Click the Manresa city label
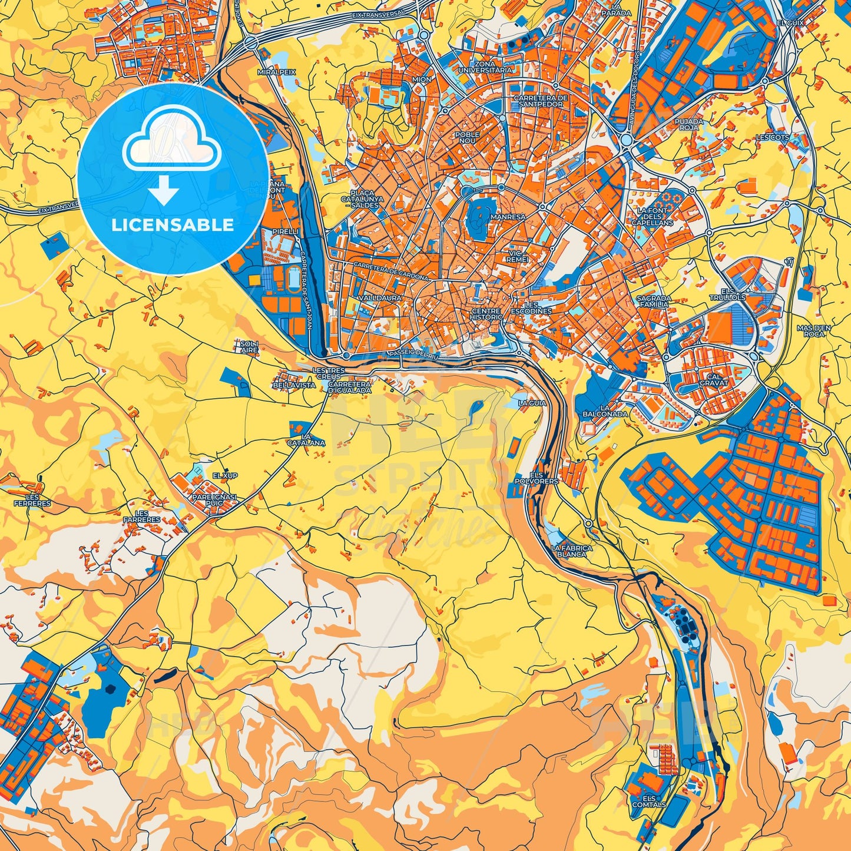[508, 217]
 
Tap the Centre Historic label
[486, 314]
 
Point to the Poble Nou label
[467, 138]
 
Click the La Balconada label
[605, 410]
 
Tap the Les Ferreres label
[32, 500]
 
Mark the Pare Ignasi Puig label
[214, 500]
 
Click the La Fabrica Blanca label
[572, 551]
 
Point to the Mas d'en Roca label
[813, 330]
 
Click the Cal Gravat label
[714, 379]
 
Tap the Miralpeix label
[276, 72]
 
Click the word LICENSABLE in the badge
[173, 224]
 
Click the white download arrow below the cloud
[164, 191]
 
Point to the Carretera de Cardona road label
[390, 272]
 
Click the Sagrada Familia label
[654, 302]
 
